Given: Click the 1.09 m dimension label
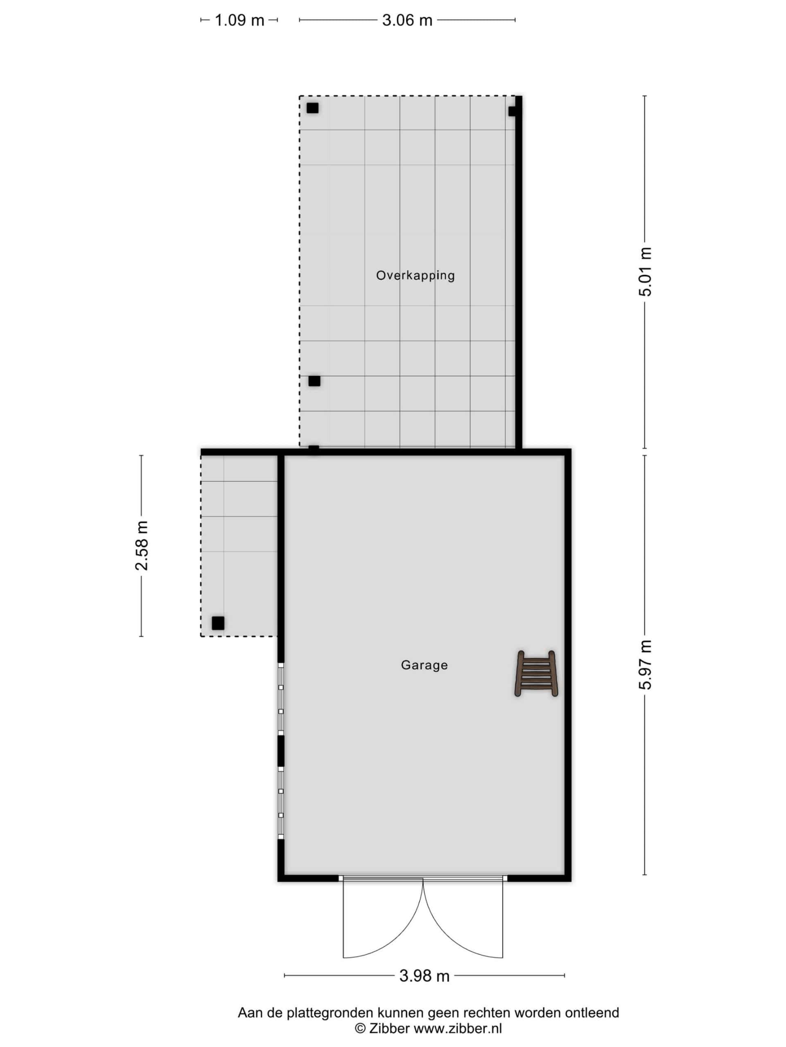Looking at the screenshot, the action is (239, 20).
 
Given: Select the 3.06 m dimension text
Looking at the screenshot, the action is (407, 20).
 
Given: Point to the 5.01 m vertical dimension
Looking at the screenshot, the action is (645, 272).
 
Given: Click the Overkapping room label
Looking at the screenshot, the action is (415, 276).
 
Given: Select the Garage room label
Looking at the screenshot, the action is (424, 665).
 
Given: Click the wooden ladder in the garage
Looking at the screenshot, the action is (536, 674).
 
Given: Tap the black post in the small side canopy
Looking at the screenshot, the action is (218, 623).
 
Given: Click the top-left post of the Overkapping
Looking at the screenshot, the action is (312, 108).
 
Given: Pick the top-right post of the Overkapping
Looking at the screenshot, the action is (513, 111).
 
